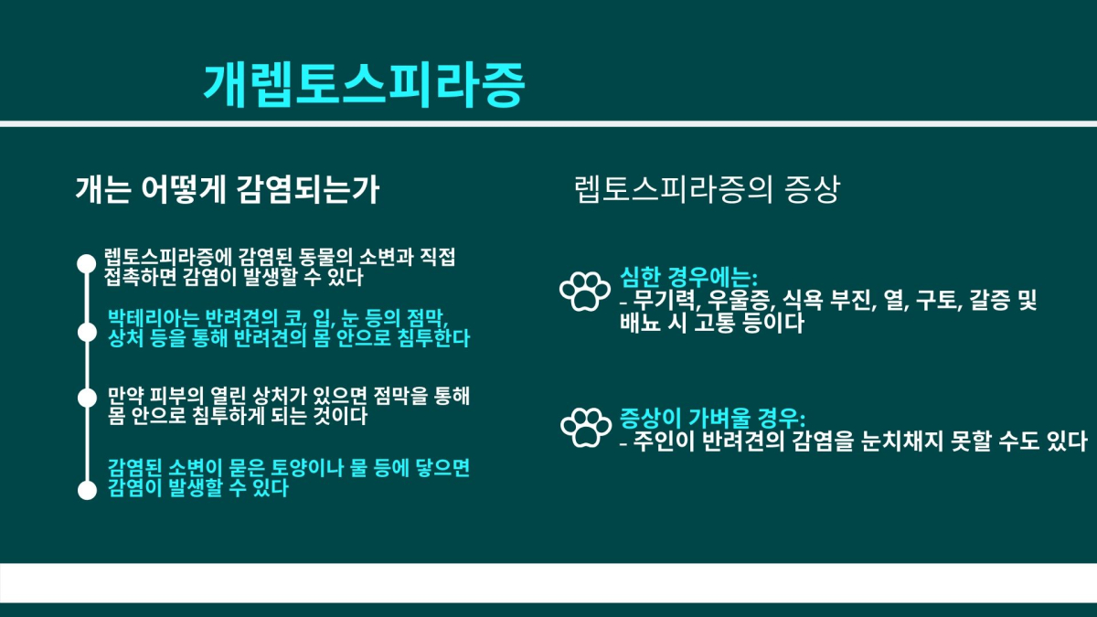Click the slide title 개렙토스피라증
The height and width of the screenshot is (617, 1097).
[x=365, y=85]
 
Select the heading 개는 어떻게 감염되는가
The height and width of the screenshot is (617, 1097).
[x=228, y=189]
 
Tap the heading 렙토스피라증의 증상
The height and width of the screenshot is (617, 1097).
[x=707, y=189]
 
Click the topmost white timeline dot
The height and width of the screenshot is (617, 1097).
[x=87, y=263]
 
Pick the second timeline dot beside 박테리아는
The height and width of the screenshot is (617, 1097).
[x=87, y=333]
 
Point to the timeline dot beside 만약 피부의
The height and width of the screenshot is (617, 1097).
[x=87, y=398]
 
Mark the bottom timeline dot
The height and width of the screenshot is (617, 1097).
[x=87, y=490]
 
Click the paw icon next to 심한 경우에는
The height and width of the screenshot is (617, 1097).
[x=585, y=292]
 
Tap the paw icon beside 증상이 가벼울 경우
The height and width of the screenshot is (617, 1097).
[x=586, y=428]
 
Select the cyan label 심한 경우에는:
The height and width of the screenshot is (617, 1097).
[x=688, y=278]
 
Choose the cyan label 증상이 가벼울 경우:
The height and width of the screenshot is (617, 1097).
[x=712, y=417]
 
